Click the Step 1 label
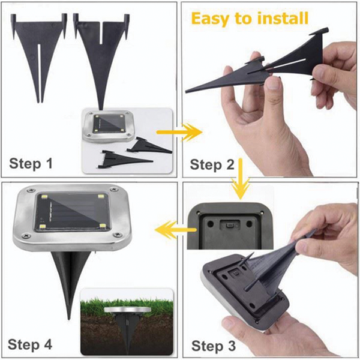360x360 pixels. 31,163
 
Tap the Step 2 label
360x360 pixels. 212,164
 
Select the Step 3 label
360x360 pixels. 214,346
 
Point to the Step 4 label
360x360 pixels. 30,344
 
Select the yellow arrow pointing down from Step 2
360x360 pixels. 241,179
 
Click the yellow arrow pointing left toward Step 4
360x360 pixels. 176,230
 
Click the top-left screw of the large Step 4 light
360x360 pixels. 31,190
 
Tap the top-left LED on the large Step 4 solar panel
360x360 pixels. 44,197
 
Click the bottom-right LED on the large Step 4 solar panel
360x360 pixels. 102,226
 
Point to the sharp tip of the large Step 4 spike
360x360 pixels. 68,319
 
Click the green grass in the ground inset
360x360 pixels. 127,305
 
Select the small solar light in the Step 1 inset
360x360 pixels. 109,126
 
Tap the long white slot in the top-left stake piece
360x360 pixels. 39,73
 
